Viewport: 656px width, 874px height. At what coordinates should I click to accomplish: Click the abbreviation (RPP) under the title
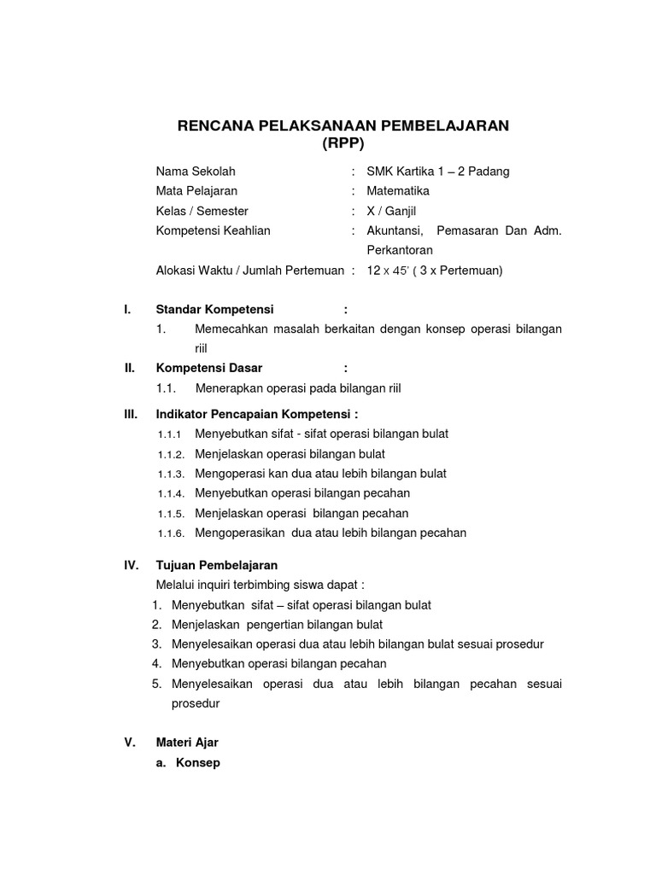343,144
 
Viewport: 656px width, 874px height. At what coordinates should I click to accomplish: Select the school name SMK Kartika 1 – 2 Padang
437,172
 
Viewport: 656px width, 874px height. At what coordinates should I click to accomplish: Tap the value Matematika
398,191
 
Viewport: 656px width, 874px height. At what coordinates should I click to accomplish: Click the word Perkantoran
400,251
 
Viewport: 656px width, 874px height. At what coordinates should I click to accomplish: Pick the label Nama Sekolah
196,172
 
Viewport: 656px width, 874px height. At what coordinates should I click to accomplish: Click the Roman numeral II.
130,368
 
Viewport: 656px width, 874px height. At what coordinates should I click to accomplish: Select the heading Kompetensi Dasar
209,368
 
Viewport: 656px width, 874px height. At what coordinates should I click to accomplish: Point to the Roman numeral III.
131,414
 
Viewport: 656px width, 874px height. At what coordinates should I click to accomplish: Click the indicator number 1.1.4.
171,493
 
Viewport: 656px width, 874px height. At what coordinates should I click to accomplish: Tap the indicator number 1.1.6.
171,533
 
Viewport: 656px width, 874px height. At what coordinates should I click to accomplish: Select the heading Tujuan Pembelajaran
217,565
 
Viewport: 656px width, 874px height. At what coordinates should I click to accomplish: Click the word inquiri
221,585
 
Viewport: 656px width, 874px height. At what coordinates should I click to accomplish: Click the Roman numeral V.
130,743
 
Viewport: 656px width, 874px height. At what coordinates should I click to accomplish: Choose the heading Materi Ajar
187,743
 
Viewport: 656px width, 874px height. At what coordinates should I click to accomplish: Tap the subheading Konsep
198,763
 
